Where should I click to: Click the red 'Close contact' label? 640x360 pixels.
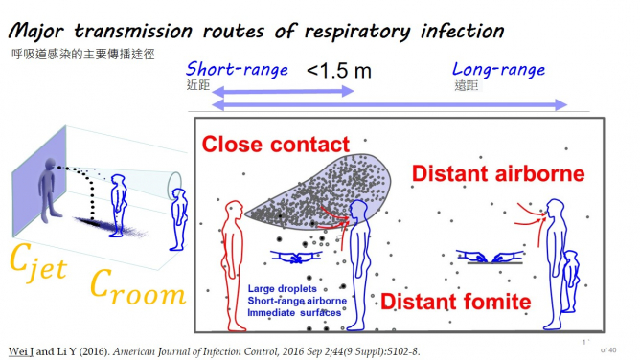[x=276, y=146]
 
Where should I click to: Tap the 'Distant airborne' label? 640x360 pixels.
[x=497, y=174]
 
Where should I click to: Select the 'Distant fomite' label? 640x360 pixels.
[x=455, y=303]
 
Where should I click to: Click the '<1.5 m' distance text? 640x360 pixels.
[x=339, y=71]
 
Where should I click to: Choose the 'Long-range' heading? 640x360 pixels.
[x=498, y=70]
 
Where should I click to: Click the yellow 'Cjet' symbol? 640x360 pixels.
[x=38, y=259]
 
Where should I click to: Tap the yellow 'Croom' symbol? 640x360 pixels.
[x=135, y=283]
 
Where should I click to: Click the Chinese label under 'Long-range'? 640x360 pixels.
[x=466, y=85]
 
